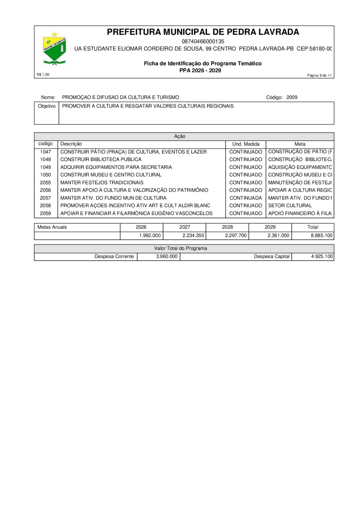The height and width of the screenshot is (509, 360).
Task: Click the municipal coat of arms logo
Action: (x=54, y=49)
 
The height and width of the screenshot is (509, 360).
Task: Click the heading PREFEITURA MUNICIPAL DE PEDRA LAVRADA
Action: (x=203, y=32)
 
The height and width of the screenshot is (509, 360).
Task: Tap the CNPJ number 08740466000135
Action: (x=203, y=41)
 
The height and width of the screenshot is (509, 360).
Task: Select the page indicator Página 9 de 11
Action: (x=319, y=76)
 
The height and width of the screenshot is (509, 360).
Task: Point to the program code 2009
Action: (x=292, y=97)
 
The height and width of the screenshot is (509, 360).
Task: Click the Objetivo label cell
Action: (x=46, y=106)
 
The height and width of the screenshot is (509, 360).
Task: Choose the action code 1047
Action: (x=46, y=152)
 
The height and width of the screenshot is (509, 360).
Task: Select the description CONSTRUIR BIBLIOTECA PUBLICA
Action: (x=101, y=160)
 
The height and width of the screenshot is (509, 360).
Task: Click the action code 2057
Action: (x=46, y=198)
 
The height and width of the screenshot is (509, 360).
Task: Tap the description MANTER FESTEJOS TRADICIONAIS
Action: (x=102, y=182)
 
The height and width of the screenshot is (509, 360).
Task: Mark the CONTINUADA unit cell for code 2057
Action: (x=246, y=198)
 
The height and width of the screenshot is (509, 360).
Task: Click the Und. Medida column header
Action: (x=246, y=144)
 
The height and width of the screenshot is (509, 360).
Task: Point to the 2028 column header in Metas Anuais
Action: (x=227, y=227)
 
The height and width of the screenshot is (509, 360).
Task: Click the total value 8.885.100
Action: (x=322, y=236)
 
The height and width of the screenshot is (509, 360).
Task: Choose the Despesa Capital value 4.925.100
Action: (x=322, y=256)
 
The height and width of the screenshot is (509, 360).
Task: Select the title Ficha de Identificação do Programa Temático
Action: (x=203, y=64)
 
